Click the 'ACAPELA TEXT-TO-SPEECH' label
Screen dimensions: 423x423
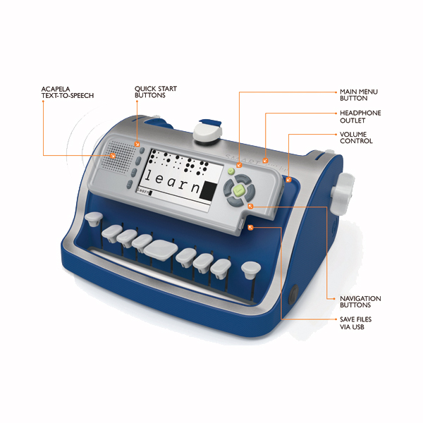pyautogui.click(x=68, y=92)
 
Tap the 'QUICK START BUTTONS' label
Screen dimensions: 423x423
pyautogui.click(x=156, y=92)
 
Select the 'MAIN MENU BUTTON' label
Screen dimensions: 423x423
pyautogui.click(x=359, y=95)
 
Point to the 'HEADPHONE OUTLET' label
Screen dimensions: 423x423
pyautogui.click(x=360, y=116)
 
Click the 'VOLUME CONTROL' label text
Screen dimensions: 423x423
pyautogui.click(x=356, y=137)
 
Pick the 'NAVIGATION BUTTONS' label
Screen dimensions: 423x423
pyautogui.click(x=360, y=302)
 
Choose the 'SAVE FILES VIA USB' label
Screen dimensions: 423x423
pyautogui.click(x=355, y=323)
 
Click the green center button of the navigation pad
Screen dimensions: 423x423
pyautogui.click(x=239, y=190)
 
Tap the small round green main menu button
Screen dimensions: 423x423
pyautogui.click(x=231, y=171)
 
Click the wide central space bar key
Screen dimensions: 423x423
pyautogui.click(x=161, y=250)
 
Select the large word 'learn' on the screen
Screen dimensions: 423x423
pyautogui.click(x=173, y=181)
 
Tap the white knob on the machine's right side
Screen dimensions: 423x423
pyautogui.click(x=342, y=194)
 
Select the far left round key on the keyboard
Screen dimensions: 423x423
pyautogui.click(x=94, y=219)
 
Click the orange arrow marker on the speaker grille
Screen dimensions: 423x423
pyautogui.click(x=113, y=155)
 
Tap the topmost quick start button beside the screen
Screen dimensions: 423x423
pyautogui.click(x=142, y=151)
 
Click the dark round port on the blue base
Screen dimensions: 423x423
pyautogui.click(x=293, y=295)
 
